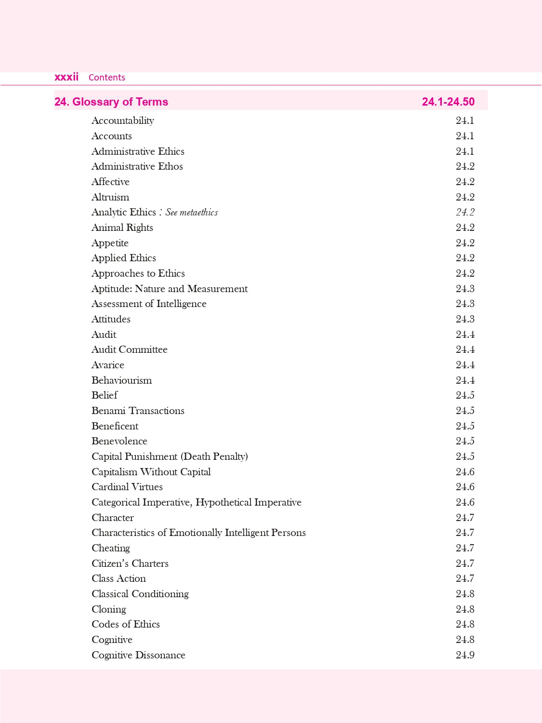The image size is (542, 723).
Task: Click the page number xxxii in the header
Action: [x=66, y=77]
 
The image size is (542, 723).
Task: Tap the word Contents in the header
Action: [x=107, y=78]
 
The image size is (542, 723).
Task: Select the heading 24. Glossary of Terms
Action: [x=111, y=102]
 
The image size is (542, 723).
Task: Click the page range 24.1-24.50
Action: [x=448, y=102]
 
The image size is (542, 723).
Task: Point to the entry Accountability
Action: [x=123, y=120]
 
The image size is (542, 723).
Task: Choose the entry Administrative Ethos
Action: [x=137, y=166]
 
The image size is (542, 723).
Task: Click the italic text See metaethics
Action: [x=192, y=212]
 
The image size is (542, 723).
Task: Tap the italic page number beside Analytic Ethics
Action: [x=465, y=212]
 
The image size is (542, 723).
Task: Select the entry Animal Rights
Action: [x=122, y=228]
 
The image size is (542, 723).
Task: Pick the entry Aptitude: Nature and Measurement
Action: [x=170, y=289]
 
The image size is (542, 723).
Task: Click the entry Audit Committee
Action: [x=130, y=349]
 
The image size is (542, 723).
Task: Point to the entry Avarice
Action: [x=108, y=365]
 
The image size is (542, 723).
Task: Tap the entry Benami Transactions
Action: [x=138, y=411]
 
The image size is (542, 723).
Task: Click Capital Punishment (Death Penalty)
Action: [x=170, y=456]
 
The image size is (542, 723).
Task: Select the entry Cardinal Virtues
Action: [x=127, y=487]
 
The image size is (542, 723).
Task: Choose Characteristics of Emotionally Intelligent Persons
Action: [x=198, y=533]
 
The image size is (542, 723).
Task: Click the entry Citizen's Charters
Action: [x=130, y=563]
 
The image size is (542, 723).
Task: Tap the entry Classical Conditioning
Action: [x=140, y=594]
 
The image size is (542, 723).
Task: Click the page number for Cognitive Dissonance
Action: [x=465, y=655]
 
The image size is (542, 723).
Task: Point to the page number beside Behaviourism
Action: [x=465, y=380]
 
